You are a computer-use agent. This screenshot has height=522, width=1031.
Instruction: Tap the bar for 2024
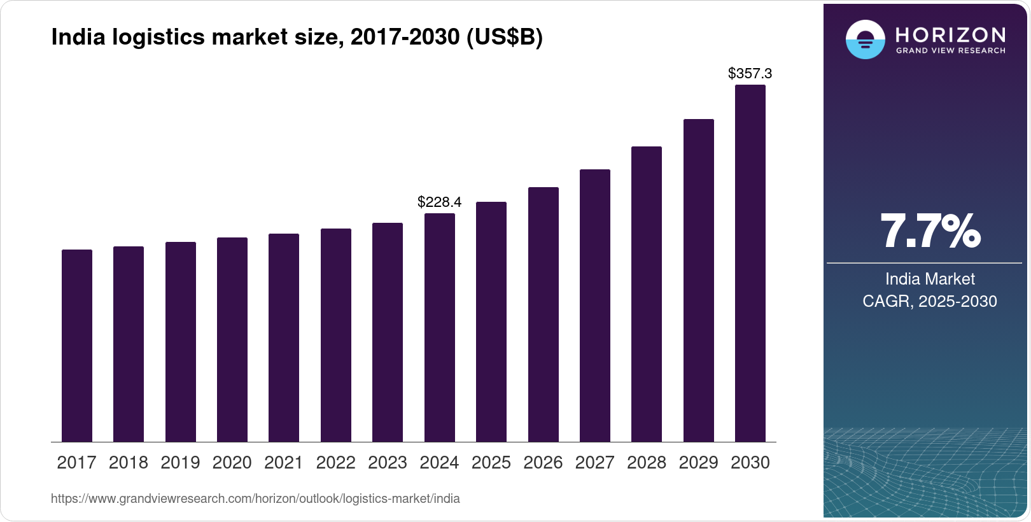[x=440, y=327]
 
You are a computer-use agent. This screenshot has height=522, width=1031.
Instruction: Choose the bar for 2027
[x=595, y=306]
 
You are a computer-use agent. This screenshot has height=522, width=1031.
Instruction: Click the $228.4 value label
[x=439, y=202]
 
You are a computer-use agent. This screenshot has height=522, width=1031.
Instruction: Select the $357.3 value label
[x=750, y=73]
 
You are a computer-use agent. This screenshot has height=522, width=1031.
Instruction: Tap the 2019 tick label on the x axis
[x=180, y=463]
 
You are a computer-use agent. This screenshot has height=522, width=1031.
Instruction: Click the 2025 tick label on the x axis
[x=491, y=463]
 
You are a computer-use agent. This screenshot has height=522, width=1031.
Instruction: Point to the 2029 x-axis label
[x=698, y=463]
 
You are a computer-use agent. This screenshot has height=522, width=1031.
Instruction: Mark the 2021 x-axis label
[x=284, y=463]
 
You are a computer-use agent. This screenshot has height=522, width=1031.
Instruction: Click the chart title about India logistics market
[x=297, y=38]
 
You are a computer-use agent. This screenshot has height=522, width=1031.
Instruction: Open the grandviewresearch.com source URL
[x=255, y=499]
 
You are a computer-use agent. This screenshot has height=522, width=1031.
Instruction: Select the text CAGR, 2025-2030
[x=929, y=301]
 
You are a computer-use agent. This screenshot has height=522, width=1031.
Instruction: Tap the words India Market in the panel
[x=930, y=279]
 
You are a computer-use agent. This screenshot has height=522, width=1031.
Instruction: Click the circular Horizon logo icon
[x=865, y=39]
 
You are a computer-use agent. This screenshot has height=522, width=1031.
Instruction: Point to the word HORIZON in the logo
[x=950, y=34]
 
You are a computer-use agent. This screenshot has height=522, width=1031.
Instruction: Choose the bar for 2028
[x=647, y=294]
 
